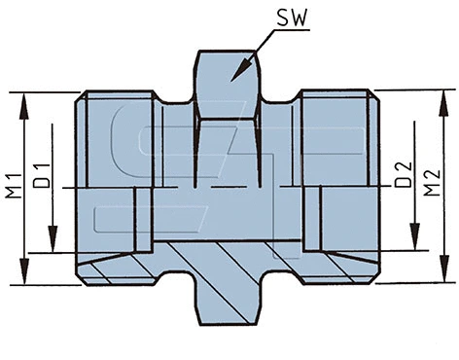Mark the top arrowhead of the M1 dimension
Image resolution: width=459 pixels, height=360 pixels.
click(23, 97)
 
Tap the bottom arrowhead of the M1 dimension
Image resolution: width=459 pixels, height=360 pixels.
click(23, 278)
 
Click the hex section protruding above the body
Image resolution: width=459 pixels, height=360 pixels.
click(229, 83)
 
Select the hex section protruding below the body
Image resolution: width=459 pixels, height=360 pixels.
click(229, 304)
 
